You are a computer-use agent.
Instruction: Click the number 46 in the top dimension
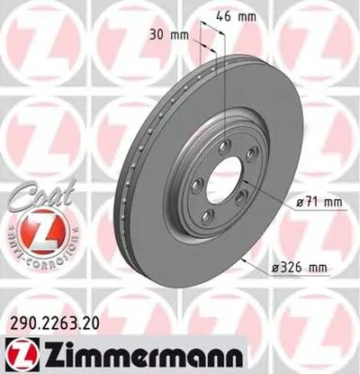tap(230, 16)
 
